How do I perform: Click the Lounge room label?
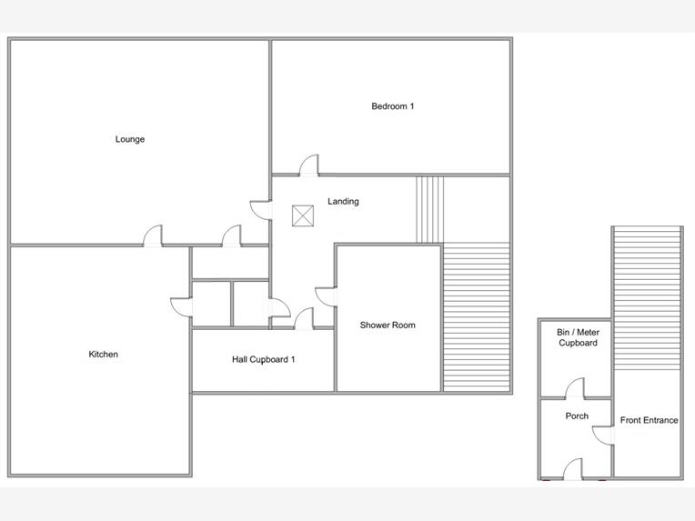130,139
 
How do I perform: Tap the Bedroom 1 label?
393,106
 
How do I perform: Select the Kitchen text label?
104,354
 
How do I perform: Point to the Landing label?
343,201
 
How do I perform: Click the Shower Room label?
388,326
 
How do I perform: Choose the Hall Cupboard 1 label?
263,359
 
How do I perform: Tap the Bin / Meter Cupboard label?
578,337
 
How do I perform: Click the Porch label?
577,416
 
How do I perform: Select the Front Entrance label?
649,420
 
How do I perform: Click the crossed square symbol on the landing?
303,215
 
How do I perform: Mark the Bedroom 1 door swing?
309,165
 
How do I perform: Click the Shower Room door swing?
327,296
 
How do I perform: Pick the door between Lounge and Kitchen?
153,235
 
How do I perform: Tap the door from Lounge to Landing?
260,210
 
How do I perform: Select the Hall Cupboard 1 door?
304,318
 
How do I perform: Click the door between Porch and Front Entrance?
603,435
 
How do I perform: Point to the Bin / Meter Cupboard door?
575,388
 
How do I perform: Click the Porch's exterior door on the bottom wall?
572,469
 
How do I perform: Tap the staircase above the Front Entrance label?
647,298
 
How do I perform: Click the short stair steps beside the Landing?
429,209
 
